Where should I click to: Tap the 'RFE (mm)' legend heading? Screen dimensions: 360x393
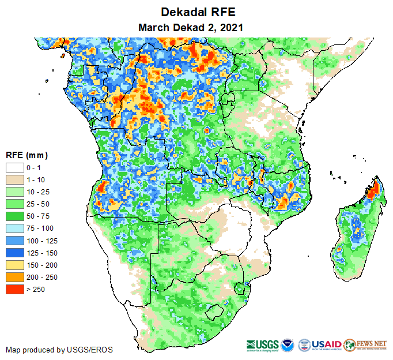point(27,155)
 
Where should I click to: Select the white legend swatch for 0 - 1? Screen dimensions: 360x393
point(15,168)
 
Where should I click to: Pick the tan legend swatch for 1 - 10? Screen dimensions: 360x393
point(15,180)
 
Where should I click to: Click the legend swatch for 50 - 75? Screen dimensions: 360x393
point(15,216)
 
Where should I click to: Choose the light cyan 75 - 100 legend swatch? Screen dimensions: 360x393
point(15,228)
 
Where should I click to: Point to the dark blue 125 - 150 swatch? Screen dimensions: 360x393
point(15,253)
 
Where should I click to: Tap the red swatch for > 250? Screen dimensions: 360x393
point(15,289)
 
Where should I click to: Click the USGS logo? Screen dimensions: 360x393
point(262,344)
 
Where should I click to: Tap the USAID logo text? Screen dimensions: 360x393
point(327,344)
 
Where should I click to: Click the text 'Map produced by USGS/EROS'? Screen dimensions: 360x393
point(59,350)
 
